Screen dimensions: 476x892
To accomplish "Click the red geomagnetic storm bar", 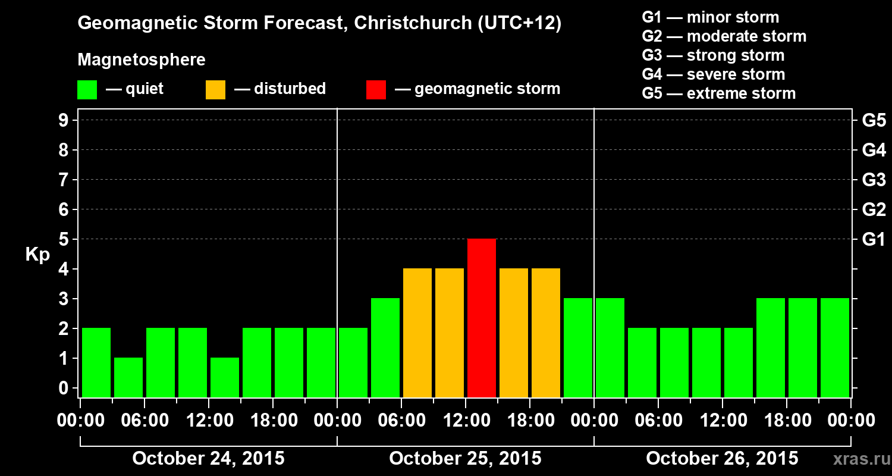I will pyautogui.click(x=482, y=318).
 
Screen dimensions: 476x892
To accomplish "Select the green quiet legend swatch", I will pyautogui.click(x=87, y=90).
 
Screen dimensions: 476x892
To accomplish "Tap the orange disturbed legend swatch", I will pyautogui.click(x=215, y=90).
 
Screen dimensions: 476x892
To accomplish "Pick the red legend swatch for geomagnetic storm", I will pyautogui.click(x=376, y=90).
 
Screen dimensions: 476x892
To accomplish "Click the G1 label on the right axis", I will pyautogui.click(x=873, y=240).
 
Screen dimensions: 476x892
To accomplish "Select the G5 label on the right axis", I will pyautogui.click(x=873, y=121).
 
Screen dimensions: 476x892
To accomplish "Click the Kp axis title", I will pyautogui.click(x=37, y=255).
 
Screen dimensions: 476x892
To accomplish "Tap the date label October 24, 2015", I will pyautogui.click(x=208, y=459).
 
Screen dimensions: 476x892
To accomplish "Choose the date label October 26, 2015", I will pyautogui.click(x=722, y=459).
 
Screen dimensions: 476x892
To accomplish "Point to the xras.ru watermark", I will pyautogui.click(x=858, y=459).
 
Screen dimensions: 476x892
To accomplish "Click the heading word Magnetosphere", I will pyautogui.click(x=142, y=60).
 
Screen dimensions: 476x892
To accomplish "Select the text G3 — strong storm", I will pyautogui.click(x=713, y=55).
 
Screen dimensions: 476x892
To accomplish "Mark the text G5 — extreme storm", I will pyautogui.click(x=718, y=93).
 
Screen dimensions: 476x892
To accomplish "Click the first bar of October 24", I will pyautogui.click(x=96, y=362).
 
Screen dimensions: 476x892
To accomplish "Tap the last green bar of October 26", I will pyautogui.click(x=835, y=347).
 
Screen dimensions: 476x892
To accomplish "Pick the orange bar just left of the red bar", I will pyautogui.click(x=450, y=333).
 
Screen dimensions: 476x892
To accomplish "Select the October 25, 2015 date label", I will pyautogui.click(x=465, y=459).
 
